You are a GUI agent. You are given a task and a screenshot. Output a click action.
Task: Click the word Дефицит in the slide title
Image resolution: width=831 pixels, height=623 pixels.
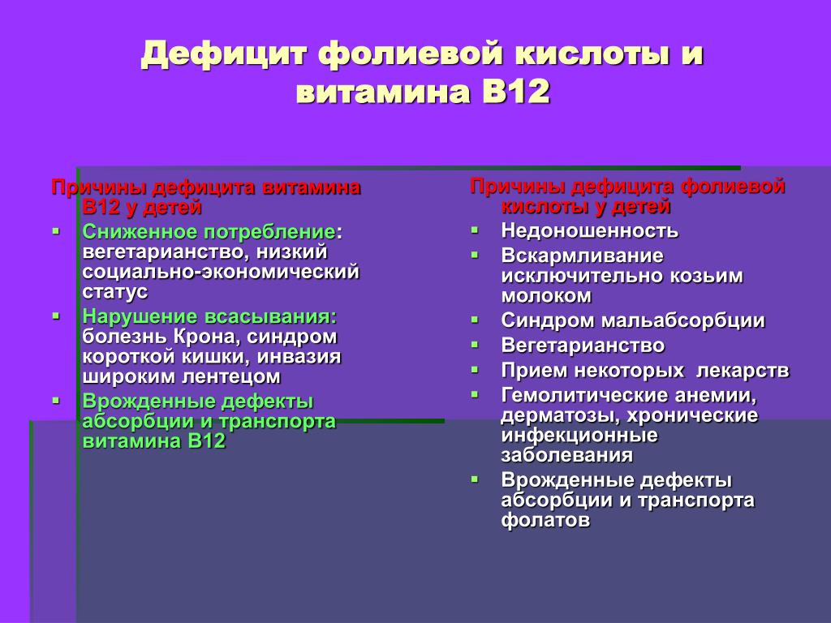224,54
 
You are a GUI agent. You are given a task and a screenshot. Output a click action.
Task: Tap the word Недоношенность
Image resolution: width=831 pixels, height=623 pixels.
589,231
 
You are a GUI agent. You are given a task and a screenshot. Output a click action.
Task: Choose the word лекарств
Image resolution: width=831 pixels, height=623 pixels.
743,370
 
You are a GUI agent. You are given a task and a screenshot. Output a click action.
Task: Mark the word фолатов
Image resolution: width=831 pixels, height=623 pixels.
545,520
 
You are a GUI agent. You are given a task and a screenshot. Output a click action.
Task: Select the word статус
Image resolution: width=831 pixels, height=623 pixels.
115,292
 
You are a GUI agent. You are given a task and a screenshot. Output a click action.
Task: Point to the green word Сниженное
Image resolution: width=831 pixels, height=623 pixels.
140,232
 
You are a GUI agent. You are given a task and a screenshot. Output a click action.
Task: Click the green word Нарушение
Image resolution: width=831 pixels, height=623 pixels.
140,317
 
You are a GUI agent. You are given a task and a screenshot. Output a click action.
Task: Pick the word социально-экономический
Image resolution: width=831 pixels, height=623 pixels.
221,272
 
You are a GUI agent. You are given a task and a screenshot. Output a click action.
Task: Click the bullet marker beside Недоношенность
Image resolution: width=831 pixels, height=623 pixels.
474,230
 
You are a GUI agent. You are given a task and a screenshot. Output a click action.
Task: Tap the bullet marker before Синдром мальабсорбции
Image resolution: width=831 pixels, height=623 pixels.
474,320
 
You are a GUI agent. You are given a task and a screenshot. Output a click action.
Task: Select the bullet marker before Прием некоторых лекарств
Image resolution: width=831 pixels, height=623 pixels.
474,369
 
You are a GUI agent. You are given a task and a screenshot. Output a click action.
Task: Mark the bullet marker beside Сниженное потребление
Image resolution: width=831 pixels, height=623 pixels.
56,231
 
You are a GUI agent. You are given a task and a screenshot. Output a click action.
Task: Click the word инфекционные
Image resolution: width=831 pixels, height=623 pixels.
579,436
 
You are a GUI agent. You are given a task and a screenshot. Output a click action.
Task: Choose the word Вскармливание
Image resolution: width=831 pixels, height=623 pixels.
583,256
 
